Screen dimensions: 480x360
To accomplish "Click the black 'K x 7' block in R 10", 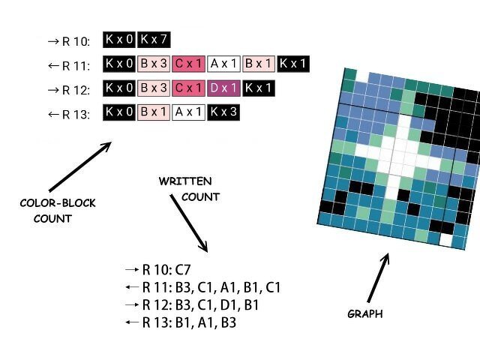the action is (x=154, y=40).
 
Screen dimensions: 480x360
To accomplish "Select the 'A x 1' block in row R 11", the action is (x=223, y=64).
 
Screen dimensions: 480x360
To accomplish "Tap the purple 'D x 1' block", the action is (x=223, y=88).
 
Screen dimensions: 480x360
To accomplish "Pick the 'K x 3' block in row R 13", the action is (x=223, y=112).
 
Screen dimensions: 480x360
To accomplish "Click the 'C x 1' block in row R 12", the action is (x=188, y=88).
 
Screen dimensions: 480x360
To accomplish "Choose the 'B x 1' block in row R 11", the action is (x=258, y=64).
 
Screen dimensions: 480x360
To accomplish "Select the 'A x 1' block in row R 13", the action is (x=188, y=112).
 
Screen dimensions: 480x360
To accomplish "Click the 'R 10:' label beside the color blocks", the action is (x=76, y=41).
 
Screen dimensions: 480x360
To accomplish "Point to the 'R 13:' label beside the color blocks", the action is (x=76, y=115).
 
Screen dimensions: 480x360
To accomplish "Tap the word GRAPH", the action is (x=365, y=313).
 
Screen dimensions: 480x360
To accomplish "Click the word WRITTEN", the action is (x=185, y=181).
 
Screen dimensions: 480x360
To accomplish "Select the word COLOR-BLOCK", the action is (x=58, y=203).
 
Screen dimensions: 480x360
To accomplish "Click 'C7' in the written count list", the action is (x=183, y=270).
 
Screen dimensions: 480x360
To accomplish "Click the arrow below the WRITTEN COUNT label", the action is (x=189, y=223).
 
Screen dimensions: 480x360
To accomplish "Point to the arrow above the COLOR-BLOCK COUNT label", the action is (x=80, y=166).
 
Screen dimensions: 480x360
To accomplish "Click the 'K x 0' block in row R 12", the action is (x=119, y=88).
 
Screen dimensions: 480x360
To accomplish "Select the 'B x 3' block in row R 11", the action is (x=154, y=64).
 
